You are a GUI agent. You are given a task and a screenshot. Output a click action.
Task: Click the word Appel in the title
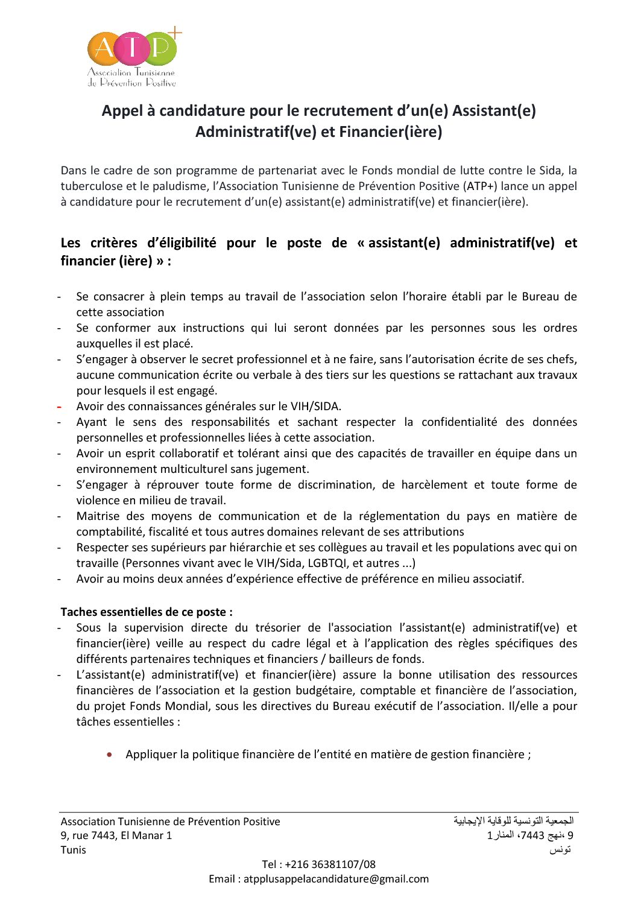point(122,111)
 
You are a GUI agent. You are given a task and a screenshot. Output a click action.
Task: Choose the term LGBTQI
point(327,563)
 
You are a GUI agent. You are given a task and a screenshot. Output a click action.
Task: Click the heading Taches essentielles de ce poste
point(147,612)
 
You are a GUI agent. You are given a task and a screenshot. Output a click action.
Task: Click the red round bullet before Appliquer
point(109,755)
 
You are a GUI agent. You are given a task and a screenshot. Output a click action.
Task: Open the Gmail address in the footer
point(336,879)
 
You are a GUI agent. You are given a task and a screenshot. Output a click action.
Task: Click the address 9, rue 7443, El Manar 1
point(116,836)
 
